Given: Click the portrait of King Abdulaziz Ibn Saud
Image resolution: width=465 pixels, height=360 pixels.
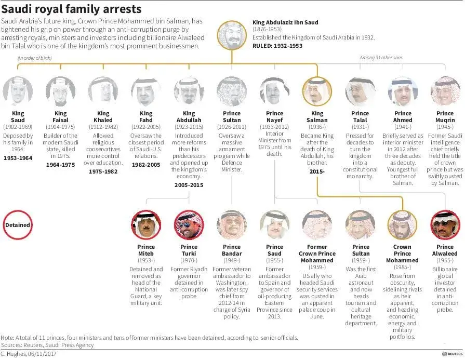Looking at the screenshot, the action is tap(232, 35).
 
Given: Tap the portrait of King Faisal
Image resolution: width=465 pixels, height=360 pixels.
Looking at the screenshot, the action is tap(60, 91).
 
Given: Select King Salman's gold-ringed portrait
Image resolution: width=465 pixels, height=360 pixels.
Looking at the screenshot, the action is tap(317, 91).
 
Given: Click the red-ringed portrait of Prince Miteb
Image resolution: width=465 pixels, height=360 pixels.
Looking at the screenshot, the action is tap(146, 225).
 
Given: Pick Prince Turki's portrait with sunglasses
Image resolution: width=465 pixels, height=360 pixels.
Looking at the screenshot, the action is tap(189, 225).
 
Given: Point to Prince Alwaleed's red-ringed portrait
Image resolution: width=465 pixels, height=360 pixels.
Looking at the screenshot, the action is tap(445, 225).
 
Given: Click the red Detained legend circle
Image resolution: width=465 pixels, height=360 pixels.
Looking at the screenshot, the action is tap(18, 225).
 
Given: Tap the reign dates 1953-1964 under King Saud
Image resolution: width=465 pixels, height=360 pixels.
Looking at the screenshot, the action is tap(18, 158).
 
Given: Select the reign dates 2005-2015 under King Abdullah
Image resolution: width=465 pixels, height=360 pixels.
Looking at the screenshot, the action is tap(189, 185).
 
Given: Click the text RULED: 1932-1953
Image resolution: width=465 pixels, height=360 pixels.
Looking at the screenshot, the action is tap(277, 46).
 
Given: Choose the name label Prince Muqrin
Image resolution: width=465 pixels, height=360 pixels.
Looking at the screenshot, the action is tap(445, 116).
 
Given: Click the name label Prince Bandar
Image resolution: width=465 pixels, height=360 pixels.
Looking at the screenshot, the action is tap(232, 250).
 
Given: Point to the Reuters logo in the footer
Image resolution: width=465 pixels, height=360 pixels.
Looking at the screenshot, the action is tap(452, 354).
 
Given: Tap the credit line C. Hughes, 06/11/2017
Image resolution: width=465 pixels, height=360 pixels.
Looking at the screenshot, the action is tap(29, 354).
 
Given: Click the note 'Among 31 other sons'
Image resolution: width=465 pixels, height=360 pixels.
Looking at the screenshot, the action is tap(381, 58).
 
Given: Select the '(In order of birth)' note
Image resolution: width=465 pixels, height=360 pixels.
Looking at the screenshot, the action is tap(34, 58).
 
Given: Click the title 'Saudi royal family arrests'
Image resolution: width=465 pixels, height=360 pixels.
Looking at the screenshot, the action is tap(71, 9).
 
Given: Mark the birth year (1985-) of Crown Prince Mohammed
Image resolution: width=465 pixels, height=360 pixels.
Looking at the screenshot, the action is tap(402, 267).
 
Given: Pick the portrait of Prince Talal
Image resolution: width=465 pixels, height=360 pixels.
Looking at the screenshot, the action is tap(360, 91).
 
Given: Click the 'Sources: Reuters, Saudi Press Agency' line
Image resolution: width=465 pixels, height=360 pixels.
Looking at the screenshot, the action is tap(47, 345).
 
